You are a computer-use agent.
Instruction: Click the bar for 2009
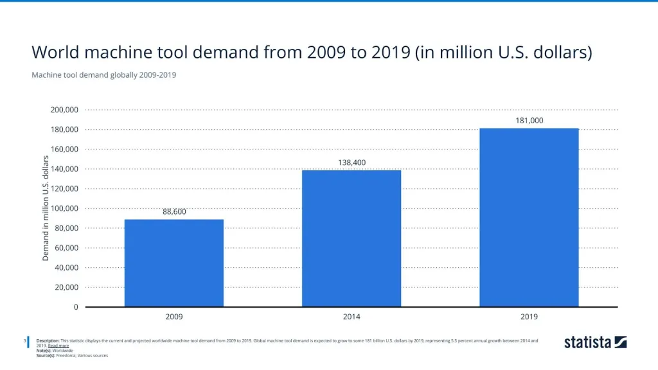[x=174, y=263]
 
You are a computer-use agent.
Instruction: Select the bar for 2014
[x=351, y=238]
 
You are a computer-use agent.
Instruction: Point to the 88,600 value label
[x=174, y=211]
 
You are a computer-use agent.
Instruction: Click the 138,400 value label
[x=351, y=163]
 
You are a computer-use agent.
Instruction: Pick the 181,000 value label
[x=529, y=121]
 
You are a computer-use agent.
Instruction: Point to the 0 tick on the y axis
[x=75, y=307]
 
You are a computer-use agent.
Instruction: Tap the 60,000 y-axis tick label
[x=66, y=248]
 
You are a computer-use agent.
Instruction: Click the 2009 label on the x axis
[x=174, y=317]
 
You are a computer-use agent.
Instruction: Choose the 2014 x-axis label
[x=351, y=317]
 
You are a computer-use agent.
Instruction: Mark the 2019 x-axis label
[x=529, y=317]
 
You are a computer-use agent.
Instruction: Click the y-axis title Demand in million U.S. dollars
[x=46, y=208]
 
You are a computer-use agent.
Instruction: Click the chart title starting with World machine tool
[x=311, y=52]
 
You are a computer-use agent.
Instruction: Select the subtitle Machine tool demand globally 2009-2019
[x=103, y=75]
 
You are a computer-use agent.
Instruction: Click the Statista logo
[x=595, y=342]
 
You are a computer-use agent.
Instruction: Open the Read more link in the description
[x=58, y=346]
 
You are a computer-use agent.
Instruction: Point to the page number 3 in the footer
[x=24, y=340]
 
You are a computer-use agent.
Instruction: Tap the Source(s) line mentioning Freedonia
[x=77, y=355]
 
